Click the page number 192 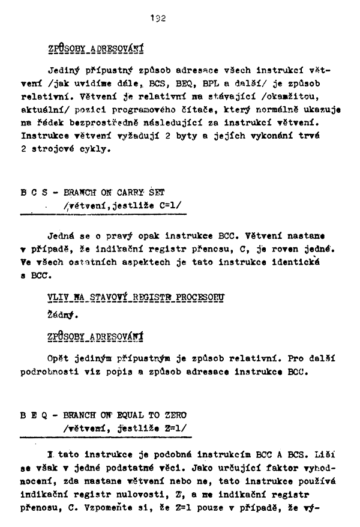158,19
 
